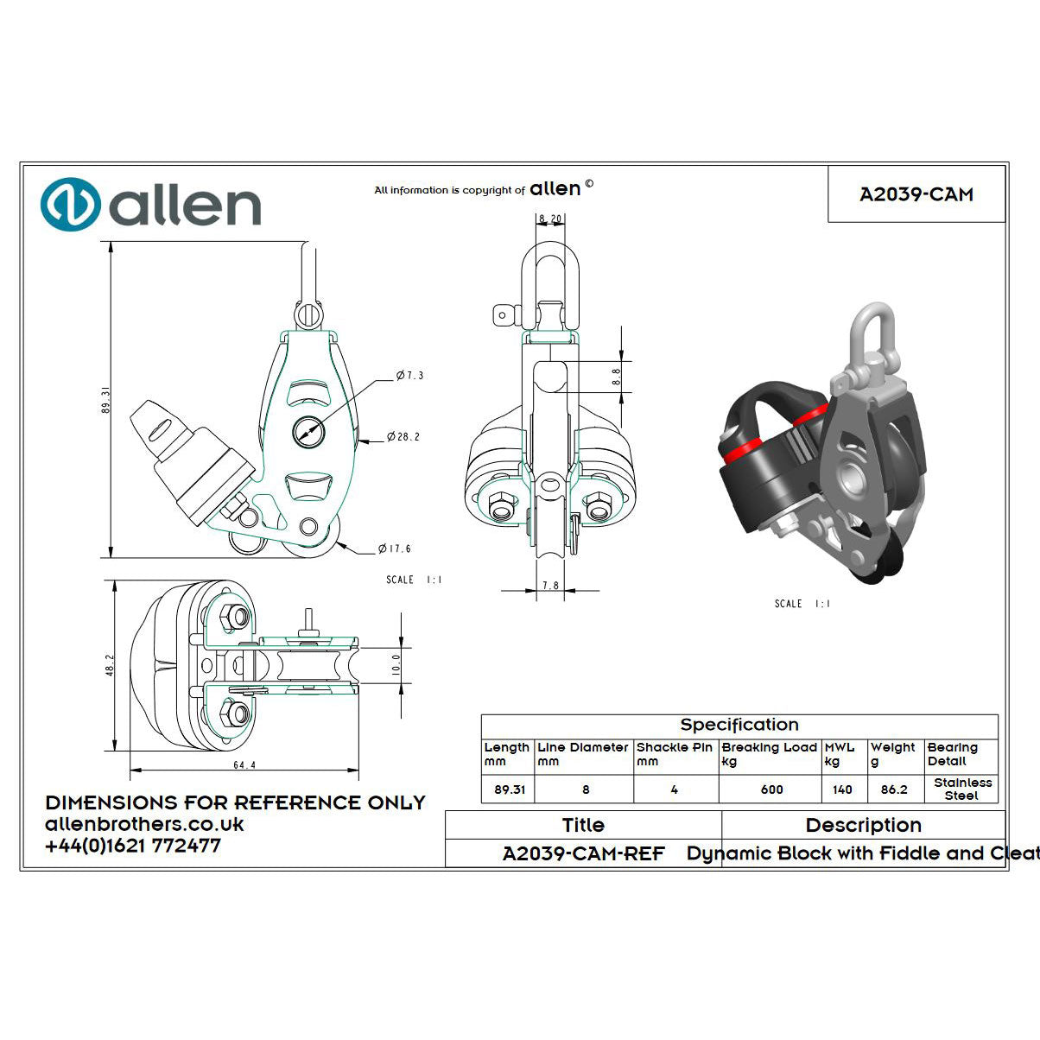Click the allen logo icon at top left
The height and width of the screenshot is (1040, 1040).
(71, 206)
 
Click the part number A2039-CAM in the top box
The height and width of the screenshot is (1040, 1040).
(916, 194)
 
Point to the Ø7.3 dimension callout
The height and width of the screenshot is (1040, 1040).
(409, 376)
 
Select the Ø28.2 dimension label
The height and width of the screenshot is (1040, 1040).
(403, 437)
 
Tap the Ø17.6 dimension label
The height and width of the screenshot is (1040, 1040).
(394, 549)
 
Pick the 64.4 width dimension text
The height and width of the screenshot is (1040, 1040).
(244, 765)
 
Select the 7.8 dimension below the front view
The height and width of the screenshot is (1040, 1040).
(549, 585)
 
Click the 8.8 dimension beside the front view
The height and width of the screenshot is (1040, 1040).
(616, 377)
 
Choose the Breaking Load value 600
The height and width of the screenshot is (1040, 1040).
(771, 790)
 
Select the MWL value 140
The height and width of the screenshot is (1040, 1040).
(842, 790)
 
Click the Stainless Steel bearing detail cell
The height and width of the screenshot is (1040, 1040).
(962, 789)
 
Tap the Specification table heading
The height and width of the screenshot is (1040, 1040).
(739, 726)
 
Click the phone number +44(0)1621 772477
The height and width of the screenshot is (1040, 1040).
(133, 847)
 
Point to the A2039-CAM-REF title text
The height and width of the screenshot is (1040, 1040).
(583, 853)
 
